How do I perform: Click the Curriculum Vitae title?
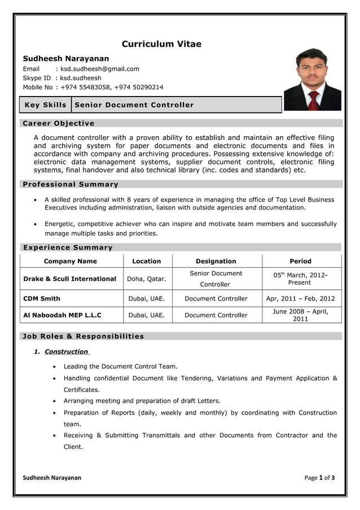pyautogui.click(x=161, y=44)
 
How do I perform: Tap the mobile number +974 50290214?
pyautogui.click(x=139, y=87)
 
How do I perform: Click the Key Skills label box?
pyautogui.click(x=45, y=105)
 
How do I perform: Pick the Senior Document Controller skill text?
pyautogui.click(x=134, y=105)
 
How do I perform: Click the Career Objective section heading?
pyautogui.click(x=58, y=123)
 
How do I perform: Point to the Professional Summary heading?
pyautogui.click(x=69, y=184)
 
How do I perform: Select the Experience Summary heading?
pyautogui.click(x=67, y=247)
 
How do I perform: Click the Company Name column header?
pyautogui.click(x=71, y=261)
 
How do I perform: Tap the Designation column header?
pyautogui.click(x=216, y=261)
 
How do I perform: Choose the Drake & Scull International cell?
pyautogui.click(x=70, y=279)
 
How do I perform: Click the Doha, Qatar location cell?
pyautogui.click(x=147, y=279)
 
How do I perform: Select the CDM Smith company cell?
pyautogui.click(x=42, y=299)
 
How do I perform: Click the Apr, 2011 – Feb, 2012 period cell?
pyautogui.click(x=300, y=299)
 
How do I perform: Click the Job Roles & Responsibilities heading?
pyautogui.click(x=82, y=336)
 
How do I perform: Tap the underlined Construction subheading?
pyautogui.click(x=66, y=351)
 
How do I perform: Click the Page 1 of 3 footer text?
pyautogui.click(x=319, y=478)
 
